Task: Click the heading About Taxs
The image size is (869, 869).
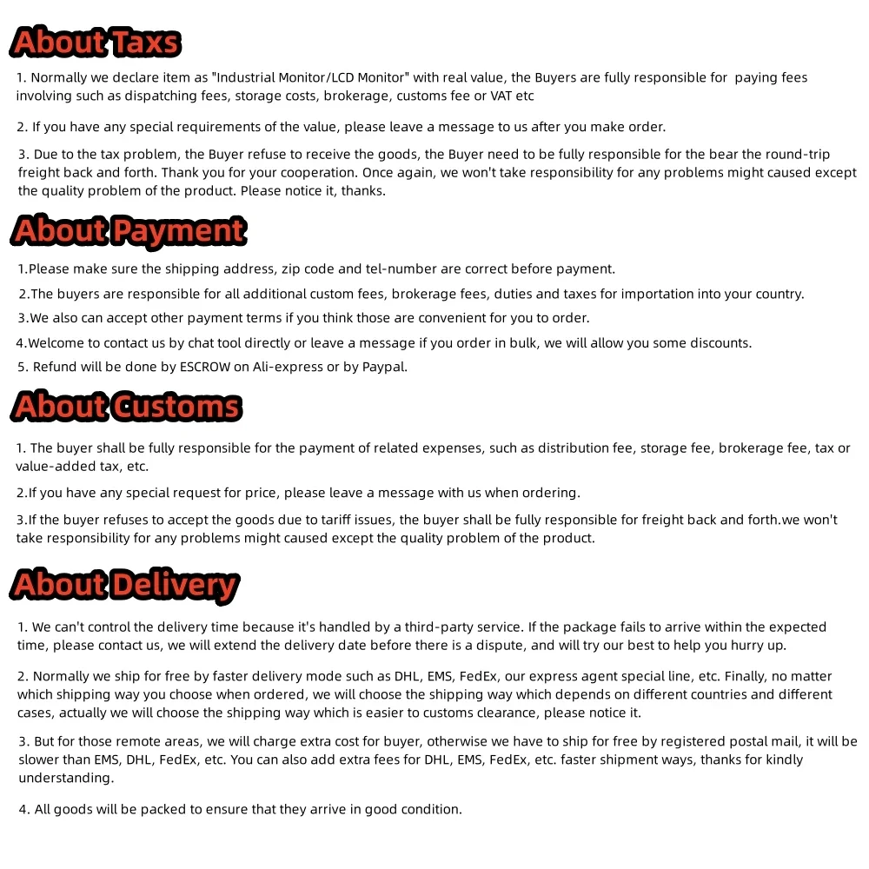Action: point(96,43)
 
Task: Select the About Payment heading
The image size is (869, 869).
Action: point(129,231)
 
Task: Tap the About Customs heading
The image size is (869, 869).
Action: point(127,407)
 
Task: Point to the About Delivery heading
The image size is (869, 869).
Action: point(125,585)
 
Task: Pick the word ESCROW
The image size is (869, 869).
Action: point(205,367)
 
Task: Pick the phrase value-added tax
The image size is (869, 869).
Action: point(57,467)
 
